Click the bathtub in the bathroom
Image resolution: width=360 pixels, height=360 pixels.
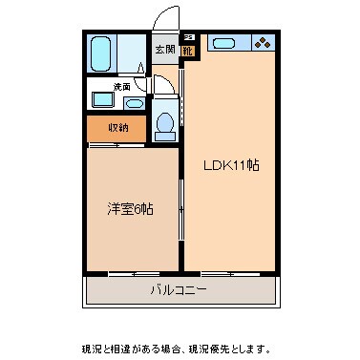tap(101, 55)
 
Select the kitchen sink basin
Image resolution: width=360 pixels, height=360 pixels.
tap(225, 43)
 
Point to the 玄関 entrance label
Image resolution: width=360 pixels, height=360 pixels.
tap(164, 51)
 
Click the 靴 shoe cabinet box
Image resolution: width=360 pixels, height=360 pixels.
tap(188, 50)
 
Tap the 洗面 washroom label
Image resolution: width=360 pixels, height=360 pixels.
tap(121, 87)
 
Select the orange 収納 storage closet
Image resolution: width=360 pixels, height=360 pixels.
tap(117, 127)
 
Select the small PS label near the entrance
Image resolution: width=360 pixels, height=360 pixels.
tap(187, 36)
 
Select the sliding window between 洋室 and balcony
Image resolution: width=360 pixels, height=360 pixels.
tap(133, 274)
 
